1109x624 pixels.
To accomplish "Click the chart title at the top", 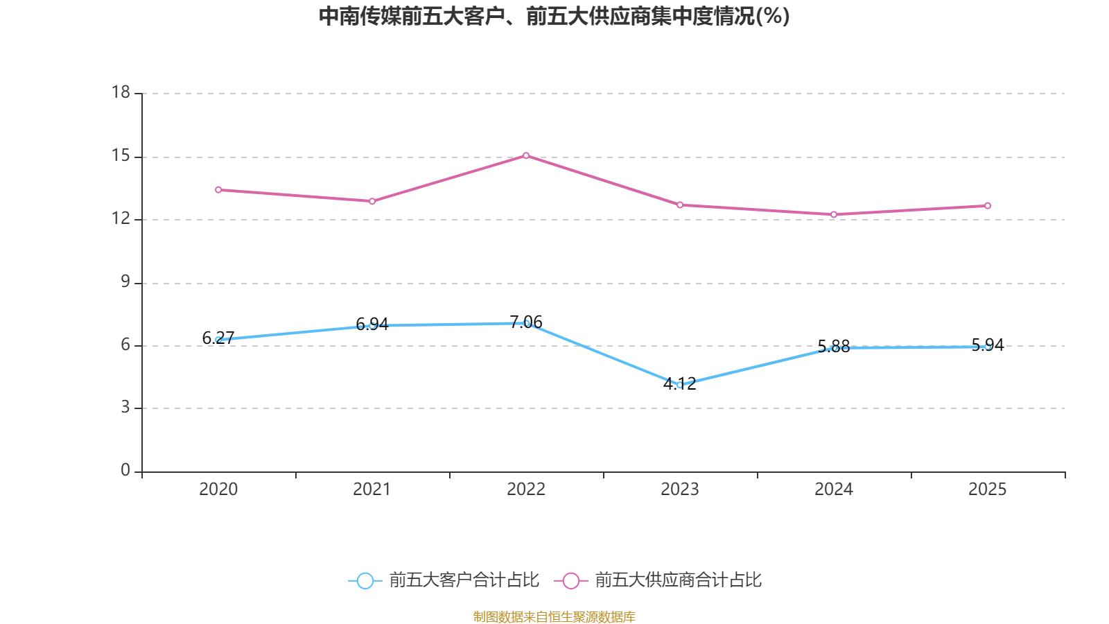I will tap(554, 16).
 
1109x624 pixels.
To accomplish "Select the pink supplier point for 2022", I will tap(526, 155).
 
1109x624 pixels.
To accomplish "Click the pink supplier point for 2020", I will tap(218, 189).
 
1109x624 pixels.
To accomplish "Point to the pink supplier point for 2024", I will tap(834, 214).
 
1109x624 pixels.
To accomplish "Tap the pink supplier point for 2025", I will tap(988, 205).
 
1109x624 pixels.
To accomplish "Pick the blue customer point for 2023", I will tap(680, 385).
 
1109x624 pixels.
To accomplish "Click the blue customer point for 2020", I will tap(218, 340).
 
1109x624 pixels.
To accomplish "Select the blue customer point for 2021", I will tap(372, 325).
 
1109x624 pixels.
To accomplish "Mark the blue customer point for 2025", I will tap(988, 347).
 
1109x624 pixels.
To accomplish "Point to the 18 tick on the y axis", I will tap(121, 92).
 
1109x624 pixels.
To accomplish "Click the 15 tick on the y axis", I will tap(121, 156).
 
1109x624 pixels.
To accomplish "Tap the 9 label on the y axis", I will tap(125, 282).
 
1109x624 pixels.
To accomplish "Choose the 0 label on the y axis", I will tap(125, 471).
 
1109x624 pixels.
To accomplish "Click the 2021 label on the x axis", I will tap(372, 489).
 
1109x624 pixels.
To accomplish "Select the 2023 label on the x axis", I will tap(680, 489).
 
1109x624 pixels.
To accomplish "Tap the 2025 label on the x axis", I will tap(988, 489).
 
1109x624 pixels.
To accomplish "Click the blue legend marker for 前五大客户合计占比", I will tap(365, 580).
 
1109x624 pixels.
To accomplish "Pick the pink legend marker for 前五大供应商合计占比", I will tap(570, 580).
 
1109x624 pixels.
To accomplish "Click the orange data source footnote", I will tap(554, 616).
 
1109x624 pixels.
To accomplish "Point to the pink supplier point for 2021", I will tap(372, 201).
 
